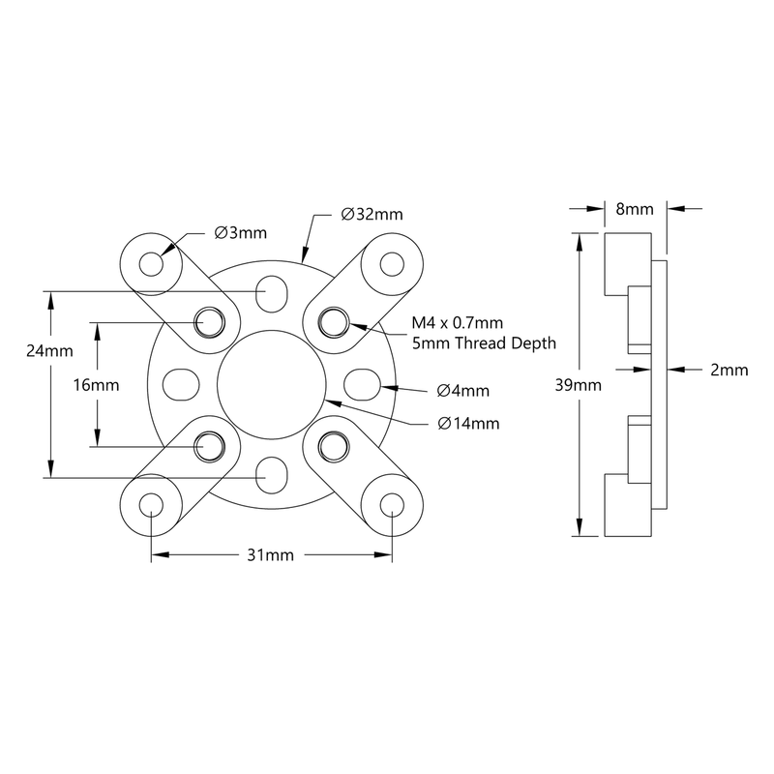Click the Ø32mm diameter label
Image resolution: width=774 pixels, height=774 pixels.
point(372,214)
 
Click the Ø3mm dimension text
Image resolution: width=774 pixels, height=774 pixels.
point(240,233)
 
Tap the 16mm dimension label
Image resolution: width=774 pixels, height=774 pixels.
point(96,384)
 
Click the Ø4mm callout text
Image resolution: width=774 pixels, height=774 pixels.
point(462,391)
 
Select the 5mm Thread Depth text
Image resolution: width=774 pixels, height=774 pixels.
point(475,343)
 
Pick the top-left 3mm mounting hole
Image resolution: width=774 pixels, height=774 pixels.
point(152,263)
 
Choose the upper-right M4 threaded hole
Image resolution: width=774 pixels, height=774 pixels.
point(332,320)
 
